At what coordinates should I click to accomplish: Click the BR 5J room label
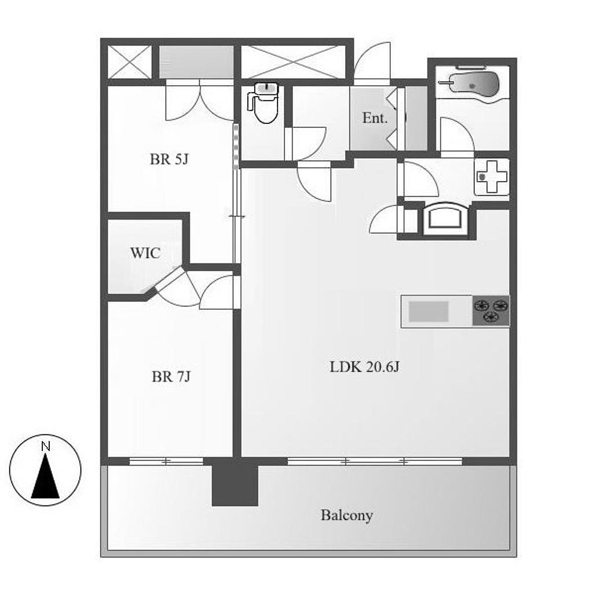(x=169, y=159)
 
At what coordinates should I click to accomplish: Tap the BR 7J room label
(x=171, y=376)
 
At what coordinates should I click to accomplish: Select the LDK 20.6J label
(x=365, y=367)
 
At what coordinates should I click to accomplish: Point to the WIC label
(x=145, y=252)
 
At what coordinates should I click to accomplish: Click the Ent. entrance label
(x=375, y=118)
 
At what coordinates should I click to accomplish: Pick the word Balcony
(x=347, y=515)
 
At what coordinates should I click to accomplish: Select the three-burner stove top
(x=491, y=311)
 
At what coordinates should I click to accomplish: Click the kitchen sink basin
(x=429, y=312)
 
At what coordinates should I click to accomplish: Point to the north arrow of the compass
(x=45, y=476)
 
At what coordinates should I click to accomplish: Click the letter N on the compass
(x=45, y=446)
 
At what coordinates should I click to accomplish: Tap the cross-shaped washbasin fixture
(x=491, y=177)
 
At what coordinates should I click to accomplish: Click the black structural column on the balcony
(x=235, y=481)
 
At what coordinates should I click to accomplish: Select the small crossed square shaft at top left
(x=129, y=62)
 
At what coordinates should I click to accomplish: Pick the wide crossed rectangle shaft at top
(x=294, y=62)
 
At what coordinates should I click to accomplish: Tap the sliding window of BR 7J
(x=166, y=462)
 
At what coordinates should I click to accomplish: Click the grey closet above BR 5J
(x=196, y=62)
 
